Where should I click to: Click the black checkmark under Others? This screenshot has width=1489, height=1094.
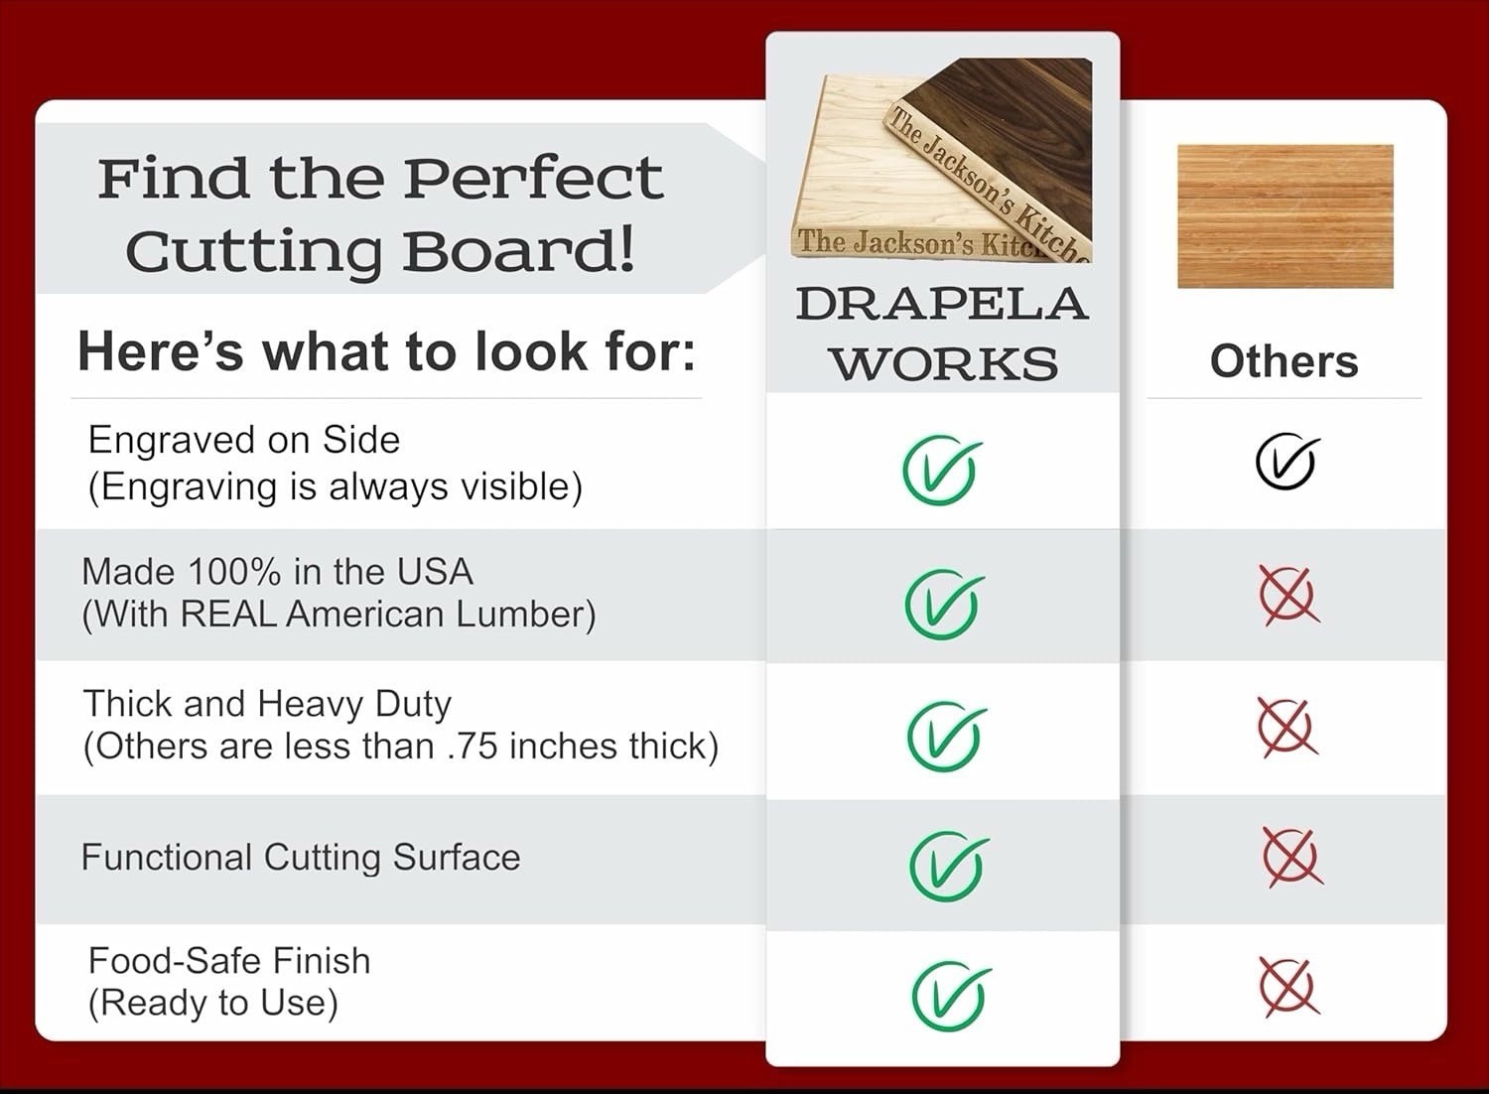1285,460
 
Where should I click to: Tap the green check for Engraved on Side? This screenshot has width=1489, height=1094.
941,471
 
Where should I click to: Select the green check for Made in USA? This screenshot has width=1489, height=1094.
943,605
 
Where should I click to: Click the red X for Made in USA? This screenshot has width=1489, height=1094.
1288,597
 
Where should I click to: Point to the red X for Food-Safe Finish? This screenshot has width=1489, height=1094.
1290,988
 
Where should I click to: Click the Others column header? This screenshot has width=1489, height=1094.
1285,361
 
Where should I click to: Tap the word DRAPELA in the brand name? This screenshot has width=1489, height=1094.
942,305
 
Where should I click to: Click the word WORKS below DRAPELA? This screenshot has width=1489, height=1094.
945,363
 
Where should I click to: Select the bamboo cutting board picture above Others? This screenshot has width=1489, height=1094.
1286,216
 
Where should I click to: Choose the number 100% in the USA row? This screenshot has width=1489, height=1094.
234,572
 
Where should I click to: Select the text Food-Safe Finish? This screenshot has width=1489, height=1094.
229,960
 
